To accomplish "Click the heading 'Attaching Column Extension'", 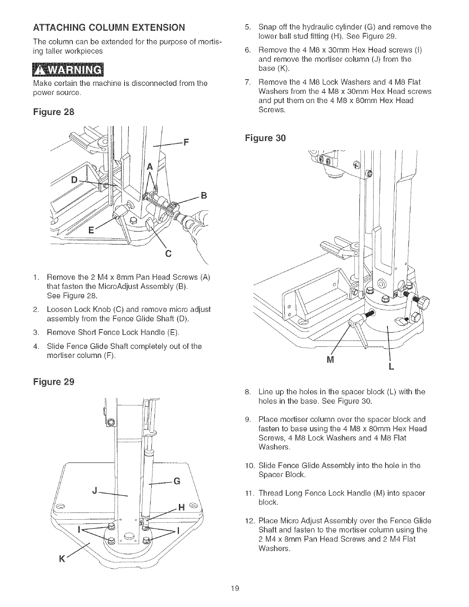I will (x=109, y=28).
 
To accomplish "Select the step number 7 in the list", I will (x=247, y=82).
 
